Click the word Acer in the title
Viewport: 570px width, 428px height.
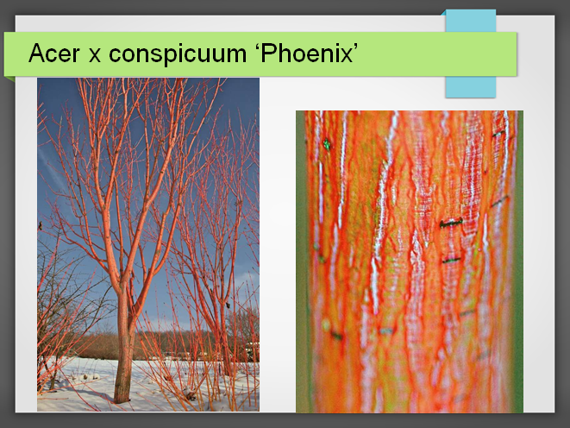click(x=53, y=53)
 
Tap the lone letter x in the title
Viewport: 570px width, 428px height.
click(x=95, y=55)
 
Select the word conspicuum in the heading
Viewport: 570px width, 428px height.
click(x=178, y=54)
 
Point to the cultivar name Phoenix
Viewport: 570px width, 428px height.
click(x=306, y=53)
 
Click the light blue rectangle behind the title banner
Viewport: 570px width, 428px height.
click(x=471, y=86)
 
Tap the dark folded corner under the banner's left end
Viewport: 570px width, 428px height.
click(x=9, y=79)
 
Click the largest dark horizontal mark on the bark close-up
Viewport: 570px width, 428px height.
click(x=451, y=223)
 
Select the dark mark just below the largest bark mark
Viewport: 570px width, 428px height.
click(x=451, y=260)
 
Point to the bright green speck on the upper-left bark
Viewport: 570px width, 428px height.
click(x=327, y=144)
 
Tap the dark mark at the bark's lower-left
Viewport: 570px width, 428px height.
click(x=336, y=336)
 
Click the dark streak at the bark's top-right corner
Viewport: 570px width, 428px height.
click(x=498, y=134)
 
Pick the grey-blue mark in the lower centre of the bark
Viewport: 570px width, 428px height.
click(x=386, y=330)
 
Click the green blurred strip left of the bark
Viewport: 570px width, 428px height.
click(x=300, y=261)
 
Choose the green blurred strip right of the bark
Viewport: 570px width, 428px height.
click(x=519, y=261)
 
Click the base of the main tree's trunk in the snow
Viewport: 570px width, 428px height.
click(x=122, y=398)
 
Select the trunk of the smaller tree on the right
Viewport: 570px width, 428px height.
click(x=225, y=349)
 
